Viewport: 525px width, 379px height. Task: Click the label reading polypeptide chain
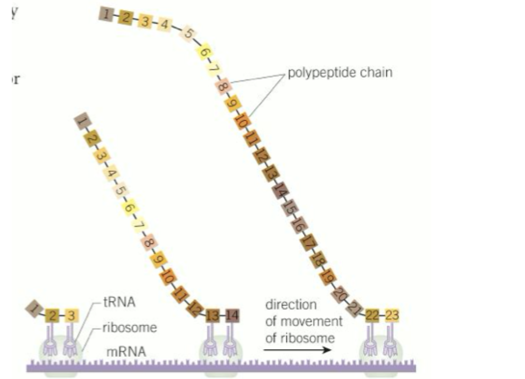coord(340,73)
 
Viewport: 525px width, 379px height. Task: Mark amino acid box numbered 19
coord(328,275)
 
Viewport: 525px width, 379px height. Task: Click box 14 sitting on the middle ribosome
coord(231,315)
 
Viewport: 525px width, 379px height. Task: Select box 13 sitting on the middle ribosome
coord(212,315)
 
